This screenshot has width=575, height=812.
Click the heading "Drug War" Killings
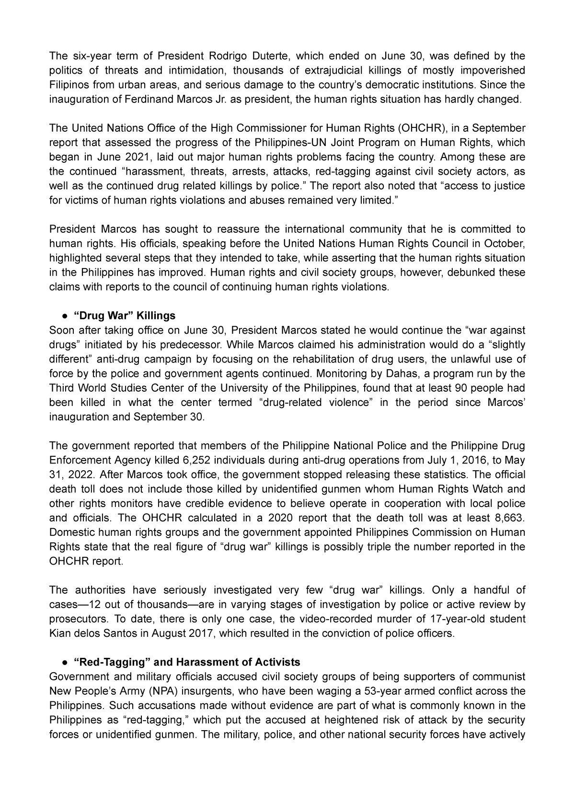click(x=125, y=316)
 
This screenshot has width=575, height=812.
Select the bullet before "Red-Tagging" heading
click(x=64, y=663)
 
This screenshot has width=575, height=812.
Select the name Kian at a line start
click(x=59, y=633)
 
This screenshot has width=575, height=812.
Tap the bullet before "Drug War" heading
click(x=64, y=316)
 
